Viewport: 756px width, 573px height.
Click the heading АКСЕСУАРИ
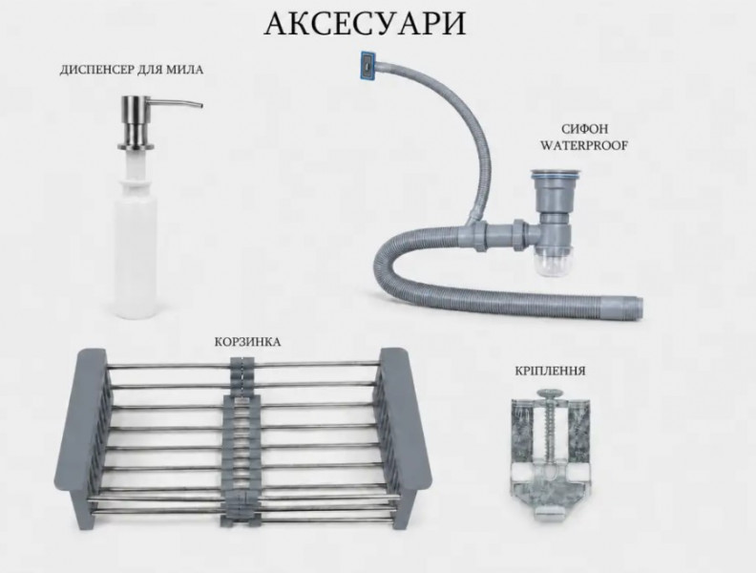click(365, 23)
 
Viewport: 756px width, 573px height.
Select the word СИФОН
click(584, 129)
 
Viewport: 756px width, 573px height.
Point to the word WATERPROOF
click(584, 146)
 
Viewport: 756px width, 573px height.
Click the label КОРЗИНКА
click(247, 342)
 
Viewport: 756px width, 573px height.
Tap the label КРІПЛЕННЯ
click(550, 371)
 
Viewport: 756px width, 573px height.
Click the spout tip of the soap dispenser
click(200, 106)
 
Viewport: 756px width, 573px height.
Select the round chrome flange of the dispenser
click(136, 146)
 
